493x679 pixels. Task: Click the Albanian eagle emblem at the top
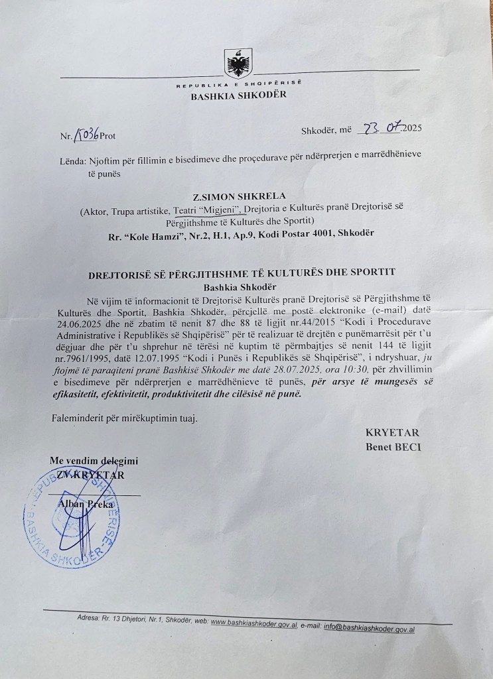(x=238, y=64)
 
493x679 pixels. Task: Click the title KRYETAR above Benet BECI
(x=393, y=433)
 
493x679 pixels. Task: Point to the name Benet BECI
(x=393, y=447)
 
